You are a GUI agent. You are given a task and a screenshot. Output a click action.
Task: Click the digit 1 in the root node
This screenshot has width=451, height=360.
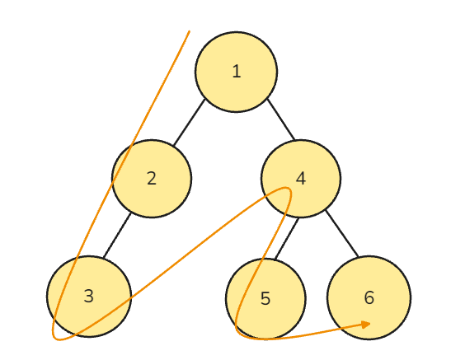click(237, 71)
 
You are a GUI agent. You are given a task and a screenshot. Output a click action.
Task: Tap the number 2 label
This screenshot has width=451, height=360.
click(152, 179)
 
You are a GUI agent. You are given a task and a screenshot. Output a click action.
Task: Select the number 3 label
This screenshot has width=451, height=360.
click(89, 296)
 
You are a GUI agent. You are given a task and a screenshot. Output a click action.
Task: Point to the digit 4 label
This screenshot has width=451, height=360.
click(301, 179)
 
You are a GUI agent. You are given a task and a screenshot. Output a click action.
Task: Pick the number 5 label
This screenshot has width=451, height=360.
click(265, 298)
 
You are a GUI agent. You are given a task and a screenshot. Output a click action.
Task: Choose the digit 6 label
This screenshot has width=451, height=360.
click(369, 297)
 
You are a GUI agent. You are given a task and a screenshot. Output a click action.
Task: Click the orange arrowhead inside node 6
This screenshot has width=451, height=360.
click(366, 325)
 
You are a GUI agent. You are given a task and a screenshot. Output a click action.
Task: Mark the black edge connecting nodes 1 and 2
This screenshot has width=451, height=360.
click(190, 122)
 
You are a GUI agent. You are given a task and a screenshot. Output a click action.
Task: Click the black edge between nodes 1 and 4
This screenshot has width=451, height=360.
click(281, 119)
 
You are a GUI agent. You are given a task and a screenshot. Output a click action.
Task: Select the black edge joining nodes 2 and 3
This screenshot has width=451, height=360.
click(117, 236)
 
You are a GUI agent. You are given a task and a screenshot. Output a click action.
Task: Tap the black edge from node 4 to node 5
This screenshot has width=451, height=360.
click(287, 239)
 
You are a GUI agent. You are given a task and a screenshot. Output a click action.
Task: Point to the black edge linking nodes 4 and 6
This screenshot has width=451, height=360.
click(342, 234)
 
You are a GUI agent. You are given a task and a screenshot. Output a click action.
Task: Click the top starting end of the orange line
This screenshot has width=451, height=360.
click(190, 31)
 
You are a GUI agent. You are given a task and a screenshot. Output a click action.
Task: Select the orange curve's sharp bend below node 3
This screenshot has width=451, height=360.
click(56, 338)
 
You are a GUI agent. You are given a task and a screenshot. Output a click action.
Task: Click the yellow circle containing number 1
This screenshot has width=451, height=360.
click(237, 72)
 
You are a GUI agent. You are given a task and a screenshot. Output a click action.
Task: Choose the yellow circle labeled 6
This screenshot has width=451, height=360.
click(369, 297)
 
